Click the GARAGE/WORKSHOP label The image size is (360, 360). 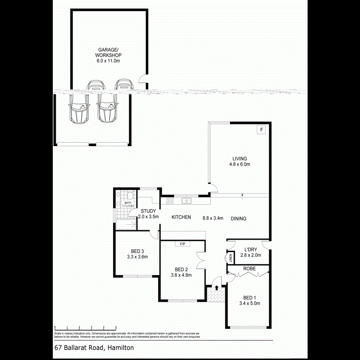(108, 55)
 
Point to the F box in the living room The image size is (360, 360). (262, 130)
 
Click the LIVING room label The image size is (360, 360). (239, 161)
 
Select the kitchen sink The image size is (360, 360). (186, 201)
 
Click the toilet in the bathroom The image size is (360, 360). (130, 196)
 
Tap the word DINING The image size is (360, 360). (238, 219)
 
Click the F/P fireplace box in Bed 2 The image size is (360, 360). (182, 244)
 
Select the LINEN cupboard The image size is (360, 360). (230, 258)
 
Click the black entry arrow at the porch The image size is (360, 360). (216, 287)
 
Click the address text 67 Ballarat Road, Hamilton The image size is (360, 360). (94, 348)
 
